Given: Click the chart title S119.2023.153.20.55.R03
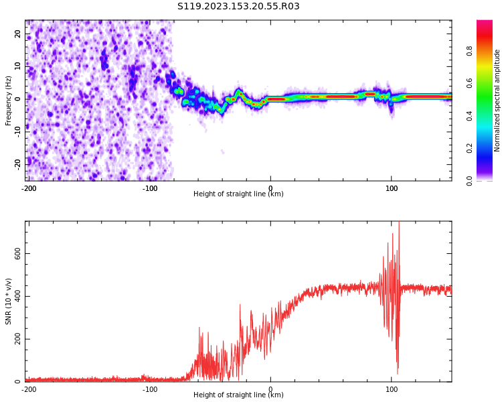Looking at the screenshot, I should pyautogui.click(x=238, y=7).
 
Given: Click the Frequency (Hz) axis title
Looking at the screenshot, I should pyautogui.click(x=9, y=100).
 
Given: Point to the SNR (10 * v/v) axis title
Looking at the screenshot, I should pyautogui.click(x=9, y=301).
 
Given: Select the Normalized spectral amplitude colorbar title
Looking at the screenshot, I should pyautogui.click(x=497, y=100).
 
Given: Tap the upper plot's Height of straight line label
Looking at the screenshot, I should pyautogui.click(x=238, y=194).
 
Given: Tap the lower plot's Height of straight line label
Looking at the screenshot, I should pyautogui.click(x=238, y=395).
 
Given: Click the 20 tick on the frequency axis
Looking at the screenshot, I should pyautogui.click(x=17, y=33).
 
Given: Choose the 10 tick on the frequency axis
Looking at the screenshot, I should pyautogui.click(x=17, y=66).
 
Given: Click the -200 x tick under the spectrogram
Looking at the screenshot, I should pyautogui.click(x=29, y=188).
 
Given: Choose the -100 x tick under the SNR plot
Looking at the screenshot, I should pyautogui.click(x=150, y=389).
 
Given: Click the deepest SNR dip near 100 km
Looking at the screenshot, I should pyautogui.click(x=398, y=373).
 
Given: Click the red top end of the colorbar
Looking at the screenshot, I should pyautogui.click(x=485, y=23).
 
